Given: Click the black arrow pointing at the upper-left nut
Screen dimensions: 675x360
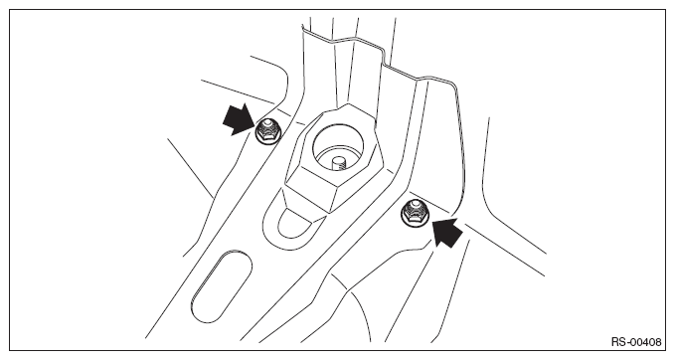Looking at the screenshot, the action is (238, 119).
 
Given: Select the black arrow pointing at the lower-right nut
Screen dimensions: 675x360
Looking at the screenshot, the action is (447, 232).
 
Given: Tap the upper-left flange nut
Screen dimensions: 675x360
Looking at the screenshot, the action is (267, 130).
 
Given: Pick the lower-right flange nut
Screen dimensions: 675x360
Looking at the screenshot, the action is (415, 211).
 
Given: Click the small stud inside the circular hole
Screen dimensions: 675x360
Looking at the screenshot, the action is (339, 163).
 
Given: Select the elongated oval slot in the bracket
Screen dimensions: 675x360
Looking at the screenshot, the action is (221, 286).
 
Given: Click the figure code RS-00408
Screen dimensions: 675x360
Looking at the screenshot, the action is (636, 342).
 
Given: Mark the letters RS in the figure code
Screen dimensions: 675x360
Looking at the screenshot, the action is (618, 342).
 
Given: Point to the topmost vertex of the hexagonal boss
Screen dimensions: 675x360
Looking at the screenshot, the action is (348, 102).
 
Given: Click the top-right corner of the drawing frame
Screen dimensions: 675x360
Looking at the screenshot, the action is (665, 10).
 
